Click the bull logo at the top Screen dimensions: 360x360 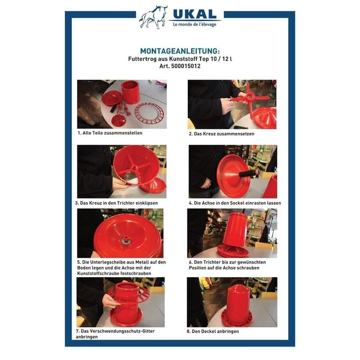[153, 17]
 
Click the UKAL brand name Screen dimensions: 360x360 [195, 14]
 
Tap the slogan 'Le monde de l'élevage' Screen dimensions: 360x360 [194, 24]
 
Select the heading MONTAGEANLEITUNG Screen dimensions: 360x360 [180, 51]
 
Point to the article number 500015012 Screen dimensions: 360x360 [186, 66]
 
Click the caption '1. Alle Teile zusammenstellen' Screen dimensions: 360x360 [110, 133]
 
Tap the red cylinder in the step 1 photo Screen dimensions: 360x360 [130, 92]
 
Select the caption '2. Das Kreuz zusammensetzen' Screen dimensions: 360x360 [221, 134]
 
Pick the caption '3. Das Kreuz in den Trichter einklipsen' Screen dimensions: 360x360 [117, 203]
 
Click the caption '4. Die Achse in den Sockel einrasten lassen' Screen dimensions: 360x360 [235, 203]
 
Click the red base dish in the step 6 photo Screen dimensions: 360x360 [233, 251]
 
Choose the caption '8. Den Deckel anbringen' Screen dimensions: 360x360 [212, 331]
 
